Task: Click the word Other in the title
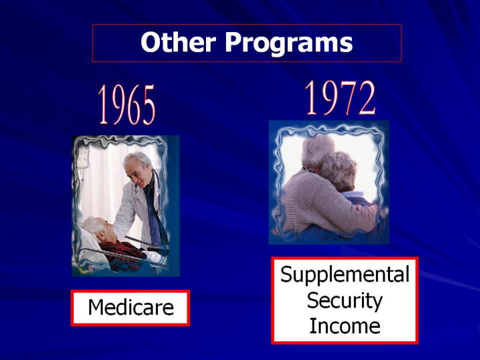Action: pyautogui.click(x=178, y=42)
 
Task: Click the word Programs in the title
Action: pyautogui.click(x=289, y=44)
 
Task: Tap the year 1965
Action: pyautogui.click(x=127, y=105)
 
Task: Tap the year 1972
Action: pyautogui.click(x=340, y=97)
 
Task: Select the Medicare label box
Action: pyautogui.click(x=131, y=308)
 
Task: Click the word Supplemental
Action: pyautogui.click(x=345, y=275)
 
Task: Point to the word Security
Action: pyautogui.click(x=345, y=301)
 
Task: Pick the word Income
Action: pyautogui.click(x=345, y=326)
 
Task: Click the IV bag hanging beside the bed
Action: pyautogui.click(x=83, y=159)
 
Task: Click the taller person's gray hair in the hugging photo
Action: pyautogui.click(x=317, y=151)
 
